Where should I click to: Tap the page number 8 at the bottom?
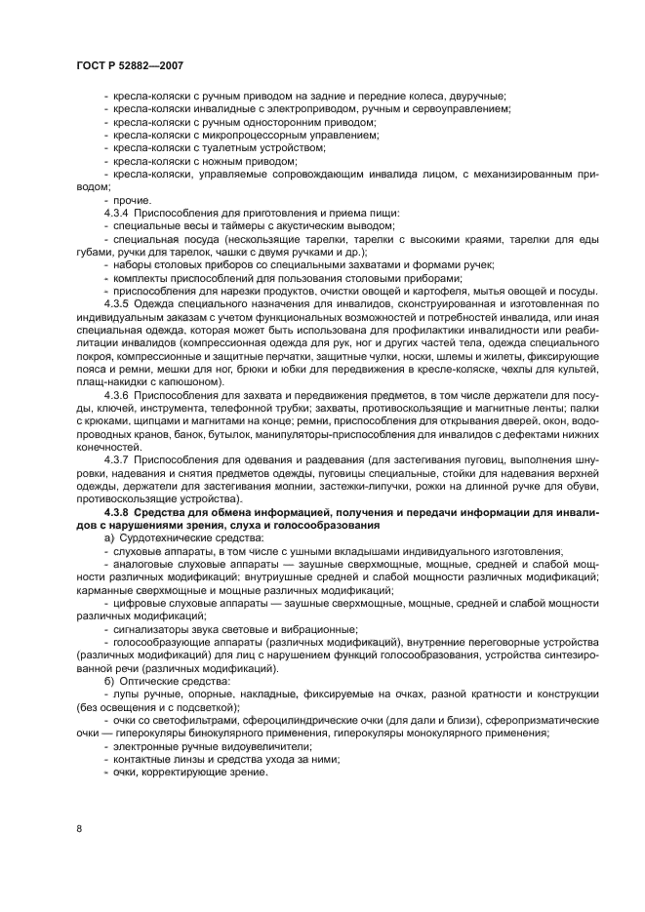click(78, 828)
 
